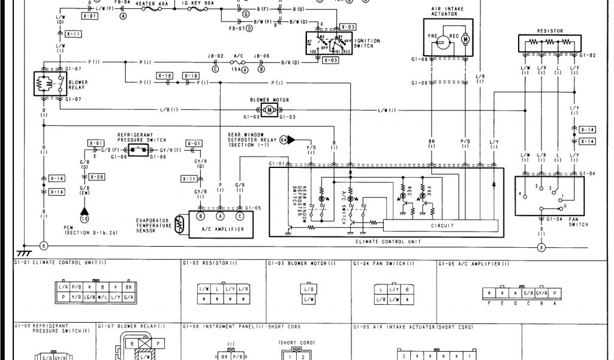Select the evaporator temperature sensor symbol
(x=179, y=224)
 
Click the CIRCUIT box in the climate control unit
(x=441, y=226)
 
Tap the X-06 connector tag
(x=97, y=177)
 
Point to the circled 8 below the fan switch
(x=543, y=247)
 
